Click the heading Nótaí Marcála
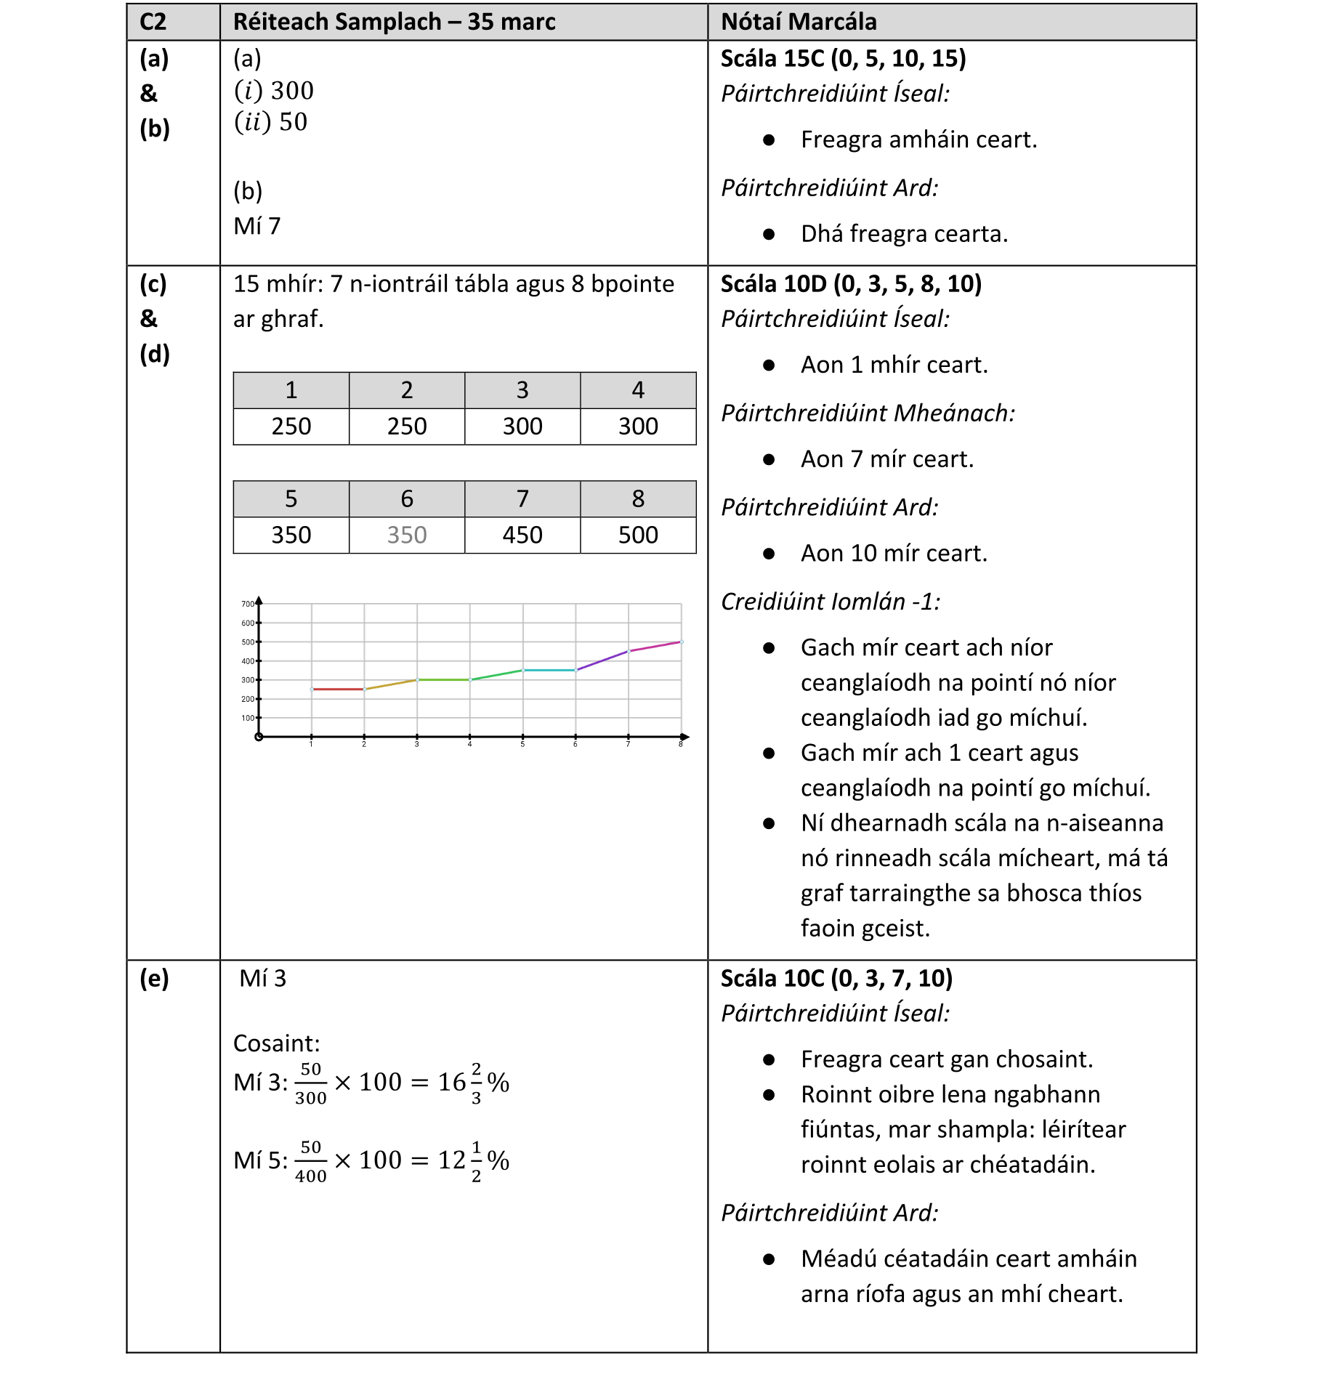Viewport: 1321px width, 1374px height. click(798, 22)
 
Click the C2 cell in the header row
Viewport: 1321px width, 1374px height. click(153, 22)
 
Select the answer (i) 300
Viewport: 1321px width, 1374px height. click(274, 91)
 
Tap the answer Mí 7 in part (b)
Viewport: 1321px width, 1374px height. click(256, 226)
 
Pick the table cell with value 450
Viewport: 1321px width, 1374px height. click(522, 535)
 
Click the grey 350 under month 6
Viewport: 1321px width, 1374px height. click(406, 535)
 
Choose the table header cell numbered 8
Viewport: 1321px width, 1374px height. click(637, 498)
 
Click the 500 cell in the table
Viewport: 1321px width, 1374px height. click(637, 535)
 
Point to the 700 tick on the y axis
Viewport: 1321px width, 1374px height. click(248, 604)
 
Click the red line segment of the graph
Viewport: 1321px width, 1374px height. click(338, 689)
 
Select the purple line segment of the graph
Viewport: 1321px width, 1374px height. click(602, 660)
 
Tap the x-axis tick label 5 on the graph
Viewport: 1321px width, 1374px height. click(522, 745)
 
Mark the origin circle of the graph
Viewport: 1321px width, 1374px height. click(259, 737)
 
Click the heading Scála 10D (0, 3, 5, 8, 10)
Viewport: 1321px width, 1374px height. click(850, 284)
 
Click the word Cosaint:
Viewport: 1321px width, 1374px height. click(276, 1043)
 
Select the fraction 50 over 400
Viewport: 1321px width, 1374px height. click(310, 1161)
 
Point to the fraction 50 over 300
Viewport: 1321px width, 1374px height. click(310, 1083)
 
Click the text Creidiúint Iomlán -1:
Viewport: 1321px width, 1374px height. click(830, 602)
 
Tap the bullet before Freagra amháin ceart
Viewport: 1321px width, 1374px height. click(769, 140)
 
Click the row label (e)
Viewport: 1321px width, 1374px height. click(154, 979)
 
